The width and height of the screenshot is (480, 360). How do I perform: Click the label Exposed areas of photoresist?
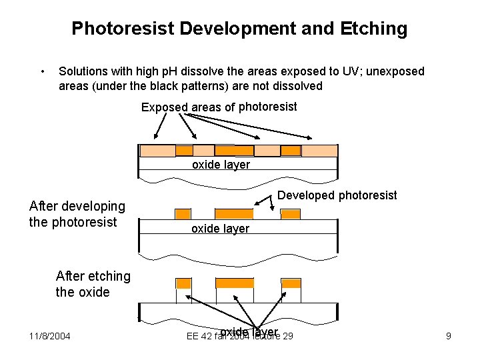[x=219, y=107]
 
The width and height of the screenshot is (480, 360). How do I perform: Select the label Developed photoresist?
[x=337, y=195]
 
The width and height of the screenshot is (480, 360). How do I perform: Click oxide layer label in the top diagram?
[x=221, y=165]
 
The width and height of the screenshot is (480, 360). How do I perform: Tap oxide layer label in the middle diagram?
[x=220, y=229]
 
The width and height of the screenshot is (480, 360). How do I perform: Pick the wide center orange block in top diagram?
[x=234, y=151]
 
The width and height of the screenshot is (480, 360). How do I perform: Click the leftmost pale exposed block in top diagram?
[x=157, y=151]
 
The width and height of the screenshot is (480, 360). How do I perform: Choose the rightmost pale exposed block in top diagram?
[x=319, y=151]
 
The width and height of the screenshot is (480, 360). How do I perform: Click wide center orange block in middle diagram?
[x=234, y=214]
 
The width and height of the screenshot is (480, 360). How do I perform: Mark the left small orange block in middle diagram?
[x=183, y=214]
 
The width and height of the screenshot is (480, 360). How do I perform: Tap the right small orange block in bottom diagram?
[x=291, y=283]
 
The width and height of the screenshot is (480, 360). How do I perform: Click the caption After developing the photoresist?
[x=77, y=214]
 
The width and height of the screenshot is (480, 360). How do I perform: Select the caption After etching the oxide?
[x=93, y=284]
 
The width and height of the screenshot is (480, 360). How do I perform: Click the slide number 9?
[x=448, y=336]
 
